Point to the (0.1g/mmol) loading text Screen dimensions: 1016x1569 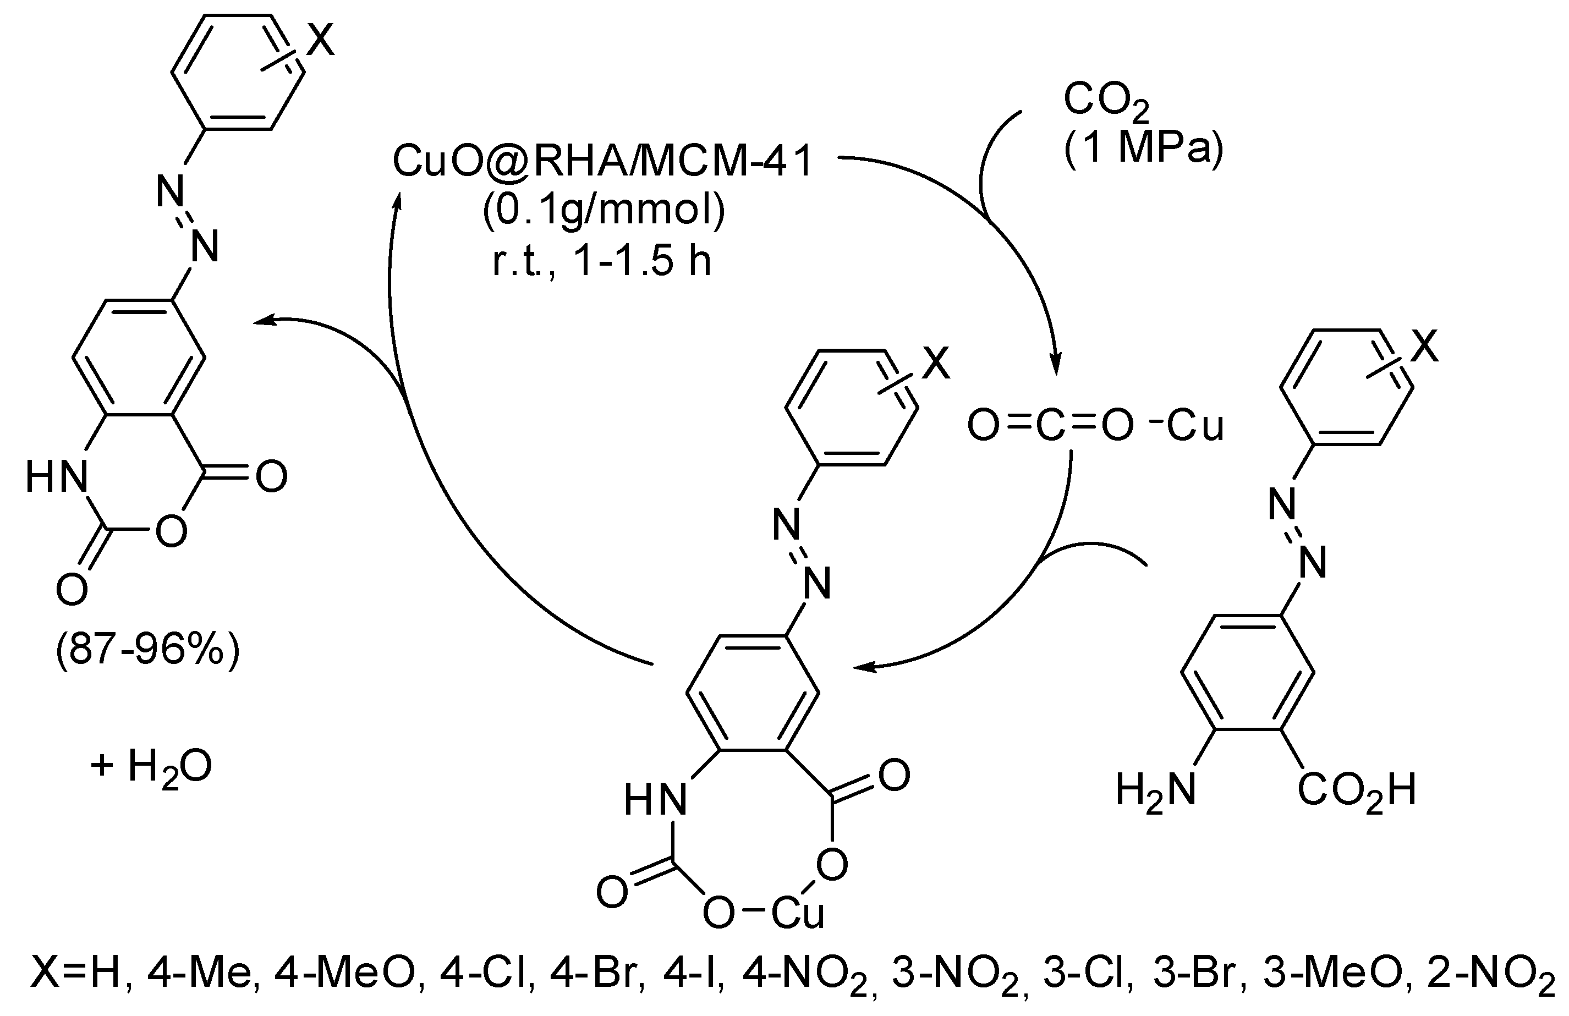pos(603,212)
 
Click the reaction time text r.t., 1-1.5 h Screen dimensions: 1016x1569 pos(602,262)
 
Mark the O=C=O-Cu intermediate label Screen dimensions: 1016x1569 pos(1094,426)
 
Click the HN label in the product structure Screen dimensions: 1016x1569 pos(57,477)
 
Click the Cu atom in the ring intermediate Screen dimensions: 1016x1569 pos(798,914)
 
